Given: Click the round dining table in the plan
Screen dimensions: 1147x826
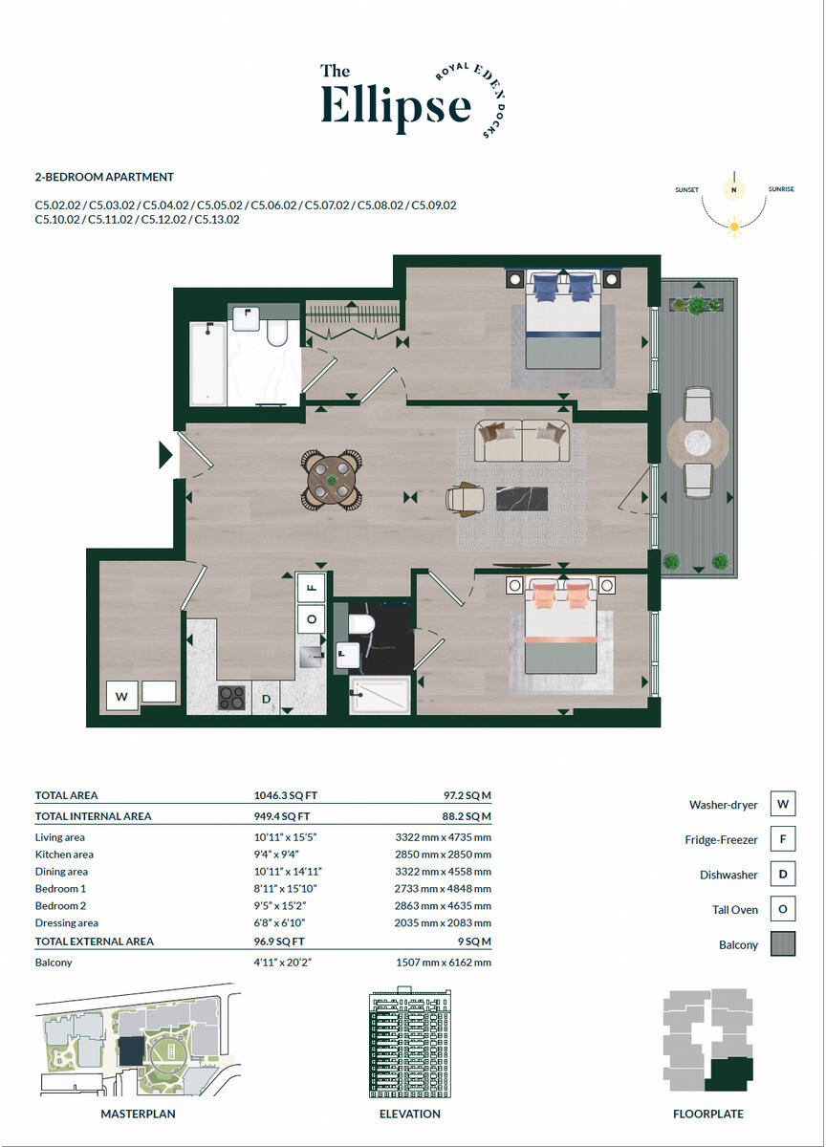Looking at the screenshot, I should coord(332,477).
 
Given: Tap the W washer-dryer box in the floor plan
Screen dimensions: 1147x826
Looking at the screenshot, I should coord(121,696).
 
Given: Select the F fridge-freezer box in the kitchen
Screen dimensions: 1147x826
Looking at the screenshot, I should coord(312,585).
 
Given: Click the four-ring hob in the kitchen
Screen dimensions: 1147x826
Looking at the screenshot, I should coord(232,698).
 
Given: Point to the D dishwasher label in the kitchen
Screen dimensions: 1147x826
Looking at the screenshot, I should coord(267,700).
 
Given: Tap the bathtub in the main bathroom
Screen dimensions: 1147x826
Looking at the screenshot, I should coord(207,362).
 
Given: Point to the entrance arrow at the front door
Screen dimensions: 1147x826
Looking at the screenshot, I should coord(165,455).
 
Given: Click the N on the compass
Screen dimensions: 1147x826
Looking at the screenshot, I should coord(734,190).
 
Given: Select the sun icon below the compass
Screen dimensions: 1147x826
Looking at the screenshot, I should coord(734,227).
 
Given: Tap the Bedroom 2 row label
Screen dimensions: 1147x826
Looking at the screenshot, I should coord(60,904).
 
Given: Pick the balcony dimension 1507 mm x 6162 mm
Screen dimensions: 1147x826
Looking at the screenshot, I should coord(443,963).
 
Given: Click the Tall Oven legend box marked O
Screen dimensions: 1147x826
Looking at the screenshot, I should coord(783,910).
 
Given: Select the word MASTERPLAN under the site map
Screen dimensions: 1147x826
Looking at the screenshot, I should coord(138,1114).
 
